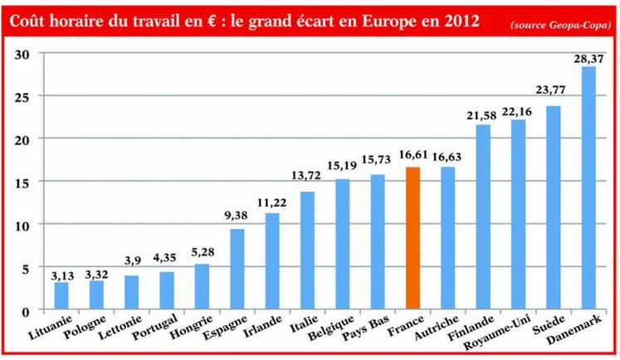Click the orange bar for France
413,239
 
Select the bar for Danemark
588,188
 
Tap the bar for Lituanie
61,296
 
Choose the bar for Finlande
482,217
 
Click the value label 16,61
413,155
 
